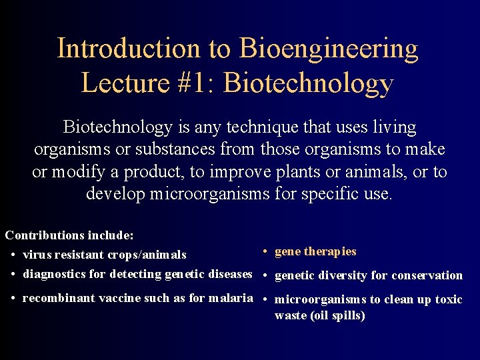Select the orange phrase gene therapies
(x=315, y=251)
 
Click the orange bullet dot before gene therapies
(x=265, y=252)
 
